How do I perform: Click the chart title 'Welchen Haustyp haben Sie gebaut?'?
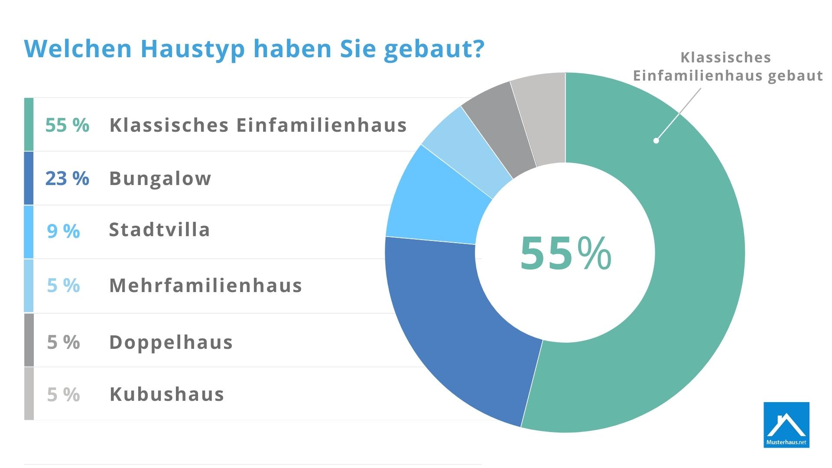[254, 49]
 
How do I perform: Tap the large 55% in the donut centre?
[565, 253]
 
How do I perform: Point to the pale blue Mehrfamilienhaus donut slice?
[466, 149]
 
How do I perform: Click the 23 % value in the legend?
[67, 178]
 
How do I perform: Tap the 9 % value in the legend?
[63, 231]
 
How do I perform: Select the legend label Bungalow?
[160, 179]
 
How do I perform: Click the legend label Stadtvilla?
[159, 230]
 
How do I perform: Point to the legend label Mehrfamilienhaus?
[205, 286]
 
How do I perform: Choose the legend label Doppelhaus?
[171, 342]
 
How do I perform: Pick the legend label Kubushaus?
[167, 394]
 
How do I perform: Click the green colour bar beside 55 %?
[29, 124]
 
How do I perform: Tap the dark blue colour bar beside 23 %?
[29, 178]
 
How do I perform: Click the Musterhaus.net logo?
[786, 425]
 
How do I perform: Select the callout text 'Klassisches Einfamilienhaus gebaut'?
[728, 66]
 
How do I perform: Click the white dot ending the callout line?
[656, 141]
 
